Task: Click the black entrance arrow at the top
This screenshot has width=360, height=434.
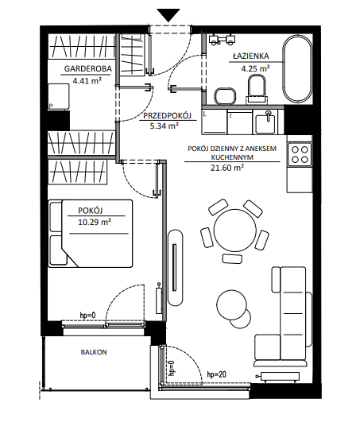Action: coord(168,14)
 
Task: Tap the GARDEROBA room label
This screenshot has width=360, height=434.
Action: coord(87,68)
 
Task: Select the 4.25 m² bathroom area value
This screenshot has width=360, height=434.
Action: coord(255,68)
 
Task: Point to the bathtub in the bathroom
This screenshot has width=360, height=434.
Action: coord(297,69)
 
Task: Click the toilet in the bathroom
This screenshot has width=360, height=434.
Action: coord(257,89)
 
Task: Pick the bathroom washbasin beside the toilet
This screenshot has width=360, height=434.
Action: coord(225,96)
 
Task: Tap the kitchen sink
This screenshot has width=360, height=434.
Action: coord(265,122)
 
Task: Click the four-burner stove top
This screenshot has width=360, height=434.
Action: coord(300,154)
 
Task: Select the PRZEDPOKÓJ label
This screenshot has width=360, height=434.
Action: coord(167,116)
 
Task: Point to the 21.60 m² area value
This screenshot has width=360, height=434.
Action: coord(227,168)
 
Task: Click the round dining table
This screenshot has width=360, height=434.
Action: coord(235,230)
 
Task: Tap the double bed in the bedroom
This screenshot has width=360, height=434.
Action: coord(91,234)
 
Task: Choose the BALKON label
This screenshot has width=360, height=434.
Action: coord(94,352)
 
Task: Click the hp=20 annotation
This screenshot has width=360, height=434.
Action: coord(217,374)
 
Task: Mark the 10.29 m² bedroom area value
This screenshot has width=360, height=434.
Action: coord(95,222)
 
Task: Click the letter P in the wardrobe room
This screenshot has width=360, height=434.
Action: coord(51,106)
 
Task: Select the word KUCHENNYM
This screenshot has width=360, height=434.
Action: coord(232,157)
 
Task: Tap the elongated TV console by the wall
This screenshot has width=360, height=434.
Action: coord(175,267)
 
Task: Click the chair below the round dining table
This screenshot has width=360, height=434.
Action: coord(232,258)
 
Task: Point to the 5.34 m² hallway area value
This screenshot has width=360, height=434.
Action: coord(165,126)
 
